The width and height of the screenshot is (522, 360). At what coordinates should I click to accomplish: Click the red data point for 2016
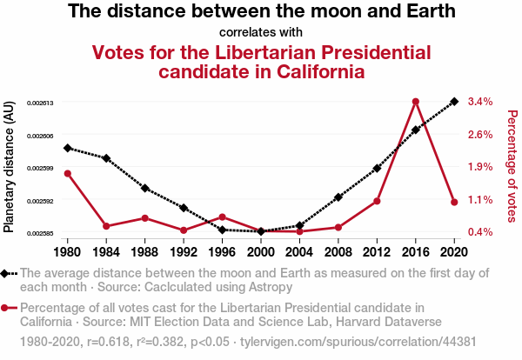click(x=416, y=102)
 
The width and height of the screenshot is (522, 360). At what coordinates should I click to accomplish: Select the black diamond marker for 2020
click(x=454, y=102)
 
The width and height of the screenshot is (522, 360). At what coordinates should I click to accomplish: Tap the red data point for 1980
click(x=68, y=173)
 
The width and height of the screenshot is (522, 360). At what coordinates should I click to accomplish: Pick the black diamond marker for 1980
click(x=68, y=148)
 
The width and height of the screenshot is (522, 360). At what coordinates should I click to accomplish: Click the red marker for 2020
click(x=454, y=202)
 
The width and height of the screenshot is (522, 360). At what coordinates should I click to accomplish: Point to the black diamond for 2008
click(x=338, y=197)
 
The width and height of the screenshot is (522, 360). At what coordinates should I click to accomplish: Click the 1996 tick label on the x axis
click(x=222, y=252)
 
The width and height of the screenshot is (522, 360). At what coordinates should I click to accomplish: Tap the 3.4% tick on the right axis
click(x=480, y=102)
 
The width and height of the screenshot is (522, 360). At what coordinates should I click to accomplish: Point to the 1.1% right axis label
click(x=480, y=199)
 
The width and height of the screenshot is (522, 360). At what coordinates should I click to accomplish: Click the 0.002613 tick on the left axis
click(x=41, y=103)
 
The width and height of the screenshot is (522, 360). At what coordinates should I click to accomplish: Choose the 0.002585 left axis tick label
click(x=41, y=233)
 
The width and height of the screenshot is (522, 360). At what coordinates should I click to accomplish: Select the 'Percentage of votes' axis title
click(x=512, y=165)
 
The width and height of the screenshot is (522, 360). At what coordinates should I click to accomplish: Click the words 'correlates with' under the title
click(x=262, y=33)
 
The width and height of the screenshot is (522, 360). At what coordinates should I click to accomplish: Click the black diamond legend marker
click(x=6, y=273)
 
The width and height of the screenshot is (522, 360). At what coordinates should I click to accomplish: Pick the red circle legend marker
click(x=6, y=307)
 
